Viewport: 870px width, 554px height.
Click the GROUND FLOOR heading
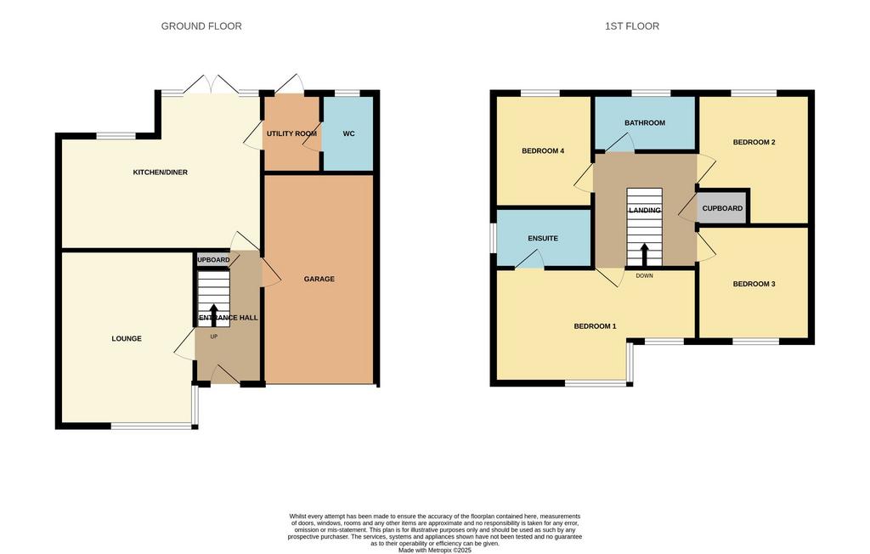(x=201, y=26)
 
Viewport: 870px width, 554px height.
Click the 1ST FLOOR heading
(x=632, y=26)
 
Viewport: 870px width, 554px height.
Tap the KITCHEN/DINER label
(x=161, y=172)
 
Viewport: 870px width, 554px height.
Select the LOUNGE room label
(x=127, y=339)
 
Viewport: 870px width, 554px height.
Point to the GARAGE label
(x=319, y=280)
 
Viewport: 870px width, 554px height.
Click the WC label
(x=348, y=133)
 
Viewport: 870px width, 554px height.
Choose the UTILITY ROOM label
(x=292, y=133)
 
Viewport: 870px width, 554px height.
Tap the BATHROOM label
(x=645, y=122)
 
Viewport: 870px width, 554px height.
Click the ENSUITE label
(x=543, y=239)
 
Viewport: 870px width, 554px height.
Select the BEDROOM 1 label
(x=596, y=326)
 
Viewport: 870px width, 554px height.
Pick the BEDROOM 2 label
(x=754, y=142)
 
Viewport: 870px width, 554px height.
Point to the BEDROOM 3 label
(x=754, y=284)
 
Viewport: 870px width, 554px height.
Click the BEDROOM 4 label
(x=543, y=151)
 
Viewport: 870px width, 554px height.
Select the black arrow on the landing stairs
(x=644, y=255)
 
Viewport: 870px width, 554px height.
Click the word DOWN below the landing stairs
(x=645, y=276)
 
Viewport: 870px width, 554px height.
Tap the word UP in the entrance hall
(x=213, y=336)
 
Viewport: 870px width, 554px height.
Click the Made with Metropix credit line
(x=435, y=551)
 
